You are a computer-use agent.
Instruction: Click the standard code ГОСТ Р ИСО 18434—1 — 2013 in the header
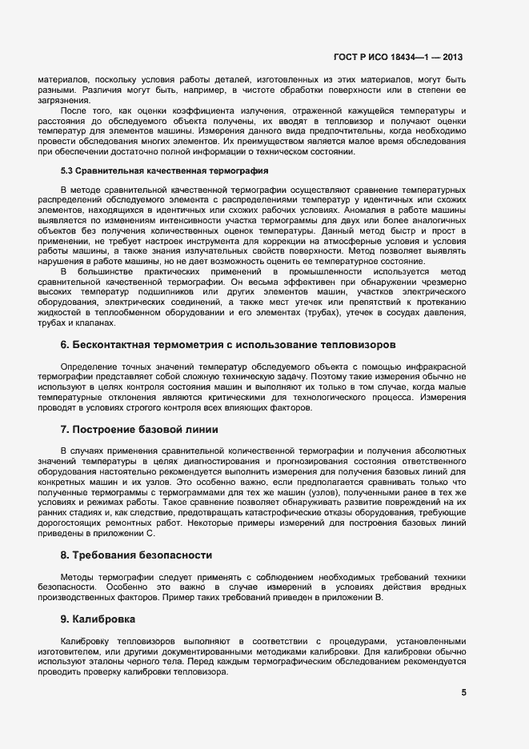pos(398,58)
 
